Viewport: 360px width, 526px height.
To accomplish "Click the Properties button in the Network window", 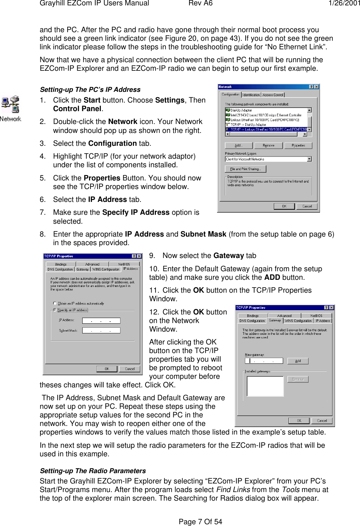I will click(x=298, y=145).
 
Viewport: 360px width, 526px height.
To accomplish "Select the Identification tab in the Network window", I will click(x=251, y=95).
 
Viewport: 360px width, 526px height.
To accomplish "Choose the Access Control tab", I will click(x=273, y=95).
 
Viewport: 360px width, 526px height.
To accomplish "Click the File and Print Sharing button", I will click(x=246, y=169).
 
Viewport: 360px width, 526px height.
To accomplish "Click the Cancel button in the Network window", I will click(x=307, y=206).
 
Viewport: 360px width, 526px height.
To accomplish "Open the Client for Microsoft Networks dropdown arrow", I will click(x=309, y=159).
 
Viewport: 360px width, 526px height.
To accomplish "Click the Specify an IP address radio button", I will click(x=55, y=310).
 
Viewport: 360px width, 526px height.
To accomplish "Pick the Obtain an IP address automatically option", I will click(x=55, y=303).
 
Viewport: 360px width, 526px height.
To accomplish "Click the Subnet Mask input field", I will click(x=101, y=331).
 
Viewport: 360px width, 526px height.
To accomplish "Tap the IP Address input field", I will click(x=101, y=321).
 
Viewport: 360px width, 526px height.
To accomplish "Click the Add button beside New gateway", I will click(x=298, y=361).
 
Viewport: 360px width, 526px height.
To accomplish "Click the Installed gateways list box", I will click(x=265, y=386).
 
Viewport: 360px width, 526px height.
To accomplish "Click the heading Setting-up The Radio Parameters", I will click(x=93, y=471).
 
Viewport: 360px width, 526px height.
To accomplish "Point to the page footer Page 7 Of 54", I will click(x=200, y=521).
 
